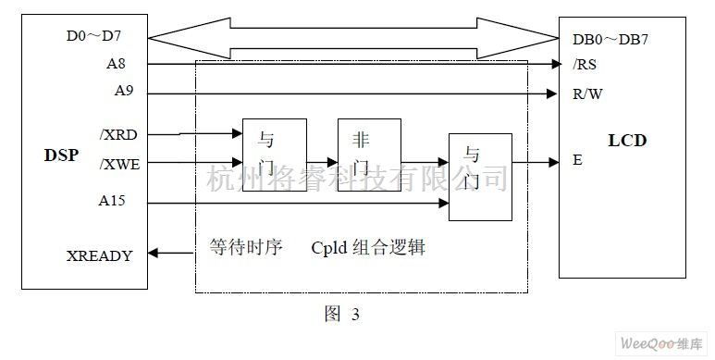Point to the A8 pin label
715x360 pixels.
pyautogui.click(x=117, y=64)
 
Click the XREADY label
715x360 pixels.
pyautogui.click(x=99, y=254)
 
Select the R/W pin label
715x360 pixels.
pyautogui.click(x=588, y=93)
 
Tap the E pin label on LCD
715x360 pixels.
pyautogui.click(x=577, y=160)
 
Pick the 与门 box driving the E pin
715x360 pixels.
pyautogui.click(x=479, y=177)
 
